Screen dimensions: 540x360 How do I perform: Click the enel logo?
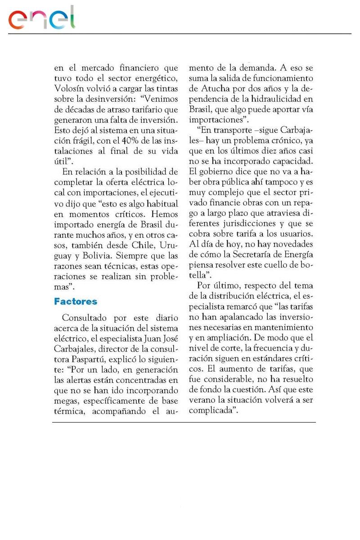[42, 19]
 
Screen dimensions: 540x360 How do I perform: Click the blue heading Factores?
[76, 301]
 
